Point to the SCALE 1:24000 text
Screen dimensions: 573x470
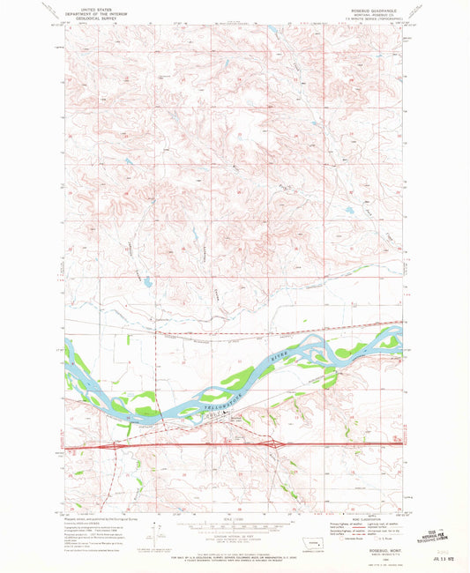click(234, 517)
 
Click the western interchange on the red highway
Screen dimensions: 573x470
click(112, 446)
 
